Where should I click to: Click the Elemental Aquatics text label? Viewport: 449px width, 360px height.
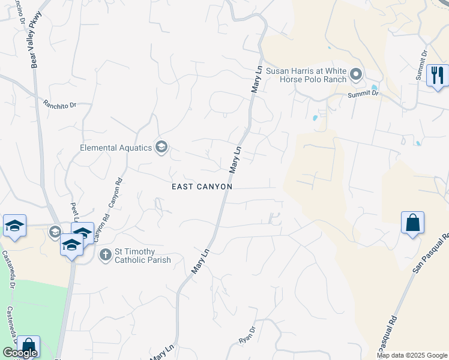[116, 148]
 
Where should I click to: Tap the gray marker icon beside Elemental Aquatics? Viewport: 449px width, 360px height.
[161, 147]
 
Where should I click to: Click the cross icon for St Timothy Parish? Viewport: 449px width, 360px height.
[105, 255]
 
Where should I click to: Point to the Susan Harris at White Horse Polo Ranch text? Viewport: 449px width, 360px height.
[306, 74]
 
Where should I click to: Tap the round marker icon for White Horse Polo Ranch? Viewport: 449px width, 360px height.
[356, 75]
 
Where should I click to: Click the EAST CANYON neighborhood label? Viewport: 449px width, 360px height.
[202, 187]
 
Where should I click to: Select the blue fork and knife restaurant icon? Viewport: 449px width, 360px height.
[437, 76]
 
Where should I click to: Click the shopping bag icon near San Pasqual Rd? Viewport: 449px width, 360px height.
[412, 223]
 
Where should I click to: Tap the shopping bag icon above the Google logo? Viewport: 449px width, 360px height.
[28, 346]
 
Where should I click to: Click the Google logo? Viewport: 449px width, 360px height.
[20, 353]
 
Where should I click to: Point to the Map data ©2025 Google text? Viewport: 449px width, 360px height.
[411, 355]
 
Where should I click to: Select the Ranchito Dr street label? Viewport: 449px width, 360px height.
[60, 104]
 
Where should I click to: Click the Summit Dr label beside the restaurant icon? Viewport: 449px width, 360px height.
[421, 65]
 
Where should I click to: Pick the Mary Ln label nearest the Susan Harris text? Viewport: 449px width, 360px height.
[258, 79]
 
